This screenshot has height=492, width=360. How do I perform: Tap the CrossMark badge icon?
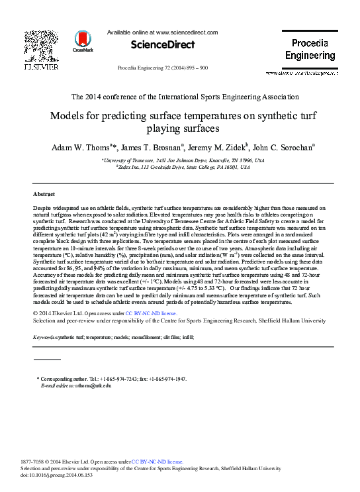click(x=83, y=41)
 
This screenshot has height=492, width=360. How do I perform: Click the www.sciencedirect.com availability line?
click(x=162, y=32)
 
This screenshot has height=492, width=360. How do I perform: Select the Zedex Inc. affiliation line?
click(x=185, y=168)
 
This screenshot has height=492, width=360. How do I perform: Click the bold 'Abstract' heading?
click(x=44, y=195)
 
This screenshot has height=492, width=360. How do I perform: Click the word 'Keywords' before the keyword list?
click(x=44, y=337)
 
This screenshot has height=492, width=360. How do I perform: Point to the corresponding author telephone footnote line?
click(x=112, y=378)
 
